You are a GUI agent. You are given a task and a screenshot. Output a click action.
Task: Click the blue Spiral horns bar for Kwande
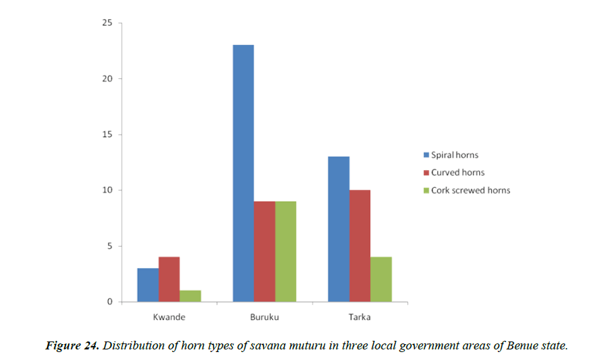point(148,285)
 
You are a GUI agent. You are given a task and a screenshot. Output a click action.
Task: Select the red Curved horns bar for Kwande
point(169,279)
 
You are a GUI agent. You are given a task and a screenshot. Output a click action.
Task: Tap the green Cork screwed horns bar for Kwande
point(190,296)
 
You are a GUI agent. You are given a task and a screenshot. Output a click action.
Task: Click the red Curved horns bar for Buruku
point(264,251)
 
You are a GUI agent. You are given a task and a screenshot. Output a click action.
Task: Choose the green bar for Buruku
point(285,251)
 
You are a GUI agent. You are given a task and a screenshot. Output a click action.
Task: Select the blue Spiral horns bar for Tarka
point(338,229)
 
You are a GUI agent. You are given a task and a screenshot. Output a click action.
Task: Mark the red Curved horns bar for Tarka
point(360,246)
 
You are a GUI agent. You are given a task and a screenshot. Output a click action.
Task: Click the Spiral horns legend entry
point(454,155)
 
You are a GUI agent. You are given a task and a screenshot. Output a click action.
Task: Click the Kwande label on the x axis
point(169,317)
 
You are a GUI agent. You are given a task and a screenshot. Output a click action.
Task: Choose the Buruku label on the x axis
point(264,317)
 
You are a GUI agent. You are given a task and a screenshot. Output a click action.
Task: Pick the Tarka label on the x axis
point(360,317)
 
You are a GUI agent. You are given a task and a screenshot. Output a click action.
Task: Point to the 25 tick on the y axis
point(106,23)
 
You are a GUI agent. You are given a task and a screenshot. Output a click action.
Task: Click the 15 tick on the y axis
point(106,135)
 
